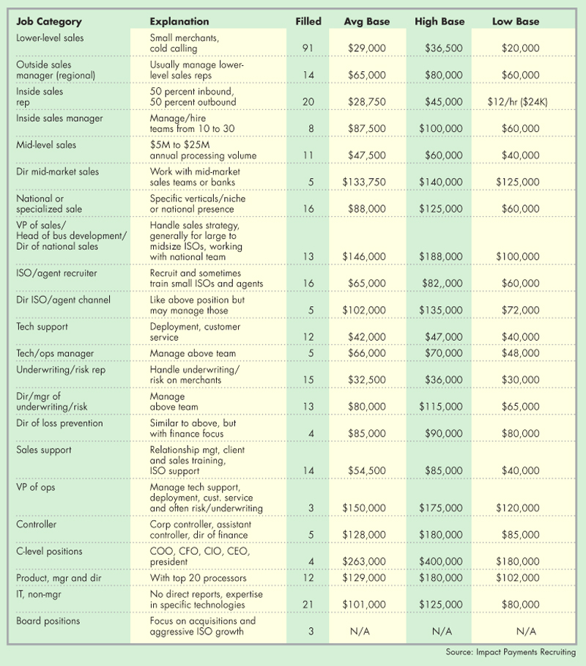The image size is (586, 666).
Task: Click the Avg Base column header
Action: pyautogui.click(x=366, y=22)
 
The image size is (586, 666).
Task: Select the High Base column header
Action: pyautogui.click(x=439, y=22)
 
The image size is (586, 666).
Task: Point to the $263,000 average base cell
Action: pyautogui.click(x=366, y=562)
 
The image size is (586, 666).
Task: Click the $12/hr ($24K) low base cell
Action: pyautogui.click(x=516, y=103)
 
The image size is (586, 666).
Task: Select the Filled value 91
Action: pyautogui.click(x=308, y=48)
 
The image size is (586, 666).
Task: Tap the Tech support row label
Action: pyautogui.click(x=41, y=327)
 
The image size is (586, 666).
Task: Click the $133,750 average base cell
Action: pyautogui.click(x=366, y=182)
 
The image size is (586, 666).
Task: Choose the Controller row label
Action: pyautogui.click(x=36, y=525)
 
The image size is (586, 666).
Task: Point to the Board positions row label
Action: pyautogui.click(x=48, y=621)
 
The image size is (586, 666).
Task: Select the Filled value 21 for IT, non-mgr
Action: pyautogui.click(x=308, y=605)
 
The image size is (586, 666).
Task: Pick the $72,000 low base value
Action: pyautogui.click(x=521, y=311)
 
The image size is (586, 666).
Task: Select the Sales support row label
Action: pyautogui.click(x=44, y=450)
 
